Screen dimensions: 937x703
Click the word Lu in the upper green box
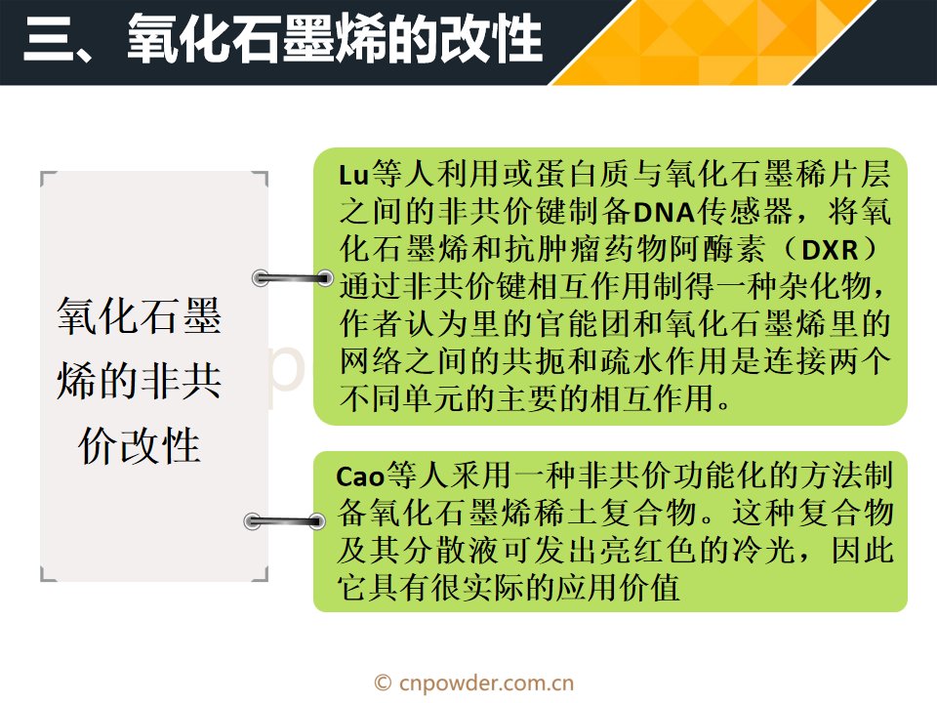pyautogui.click(x=353, y=175)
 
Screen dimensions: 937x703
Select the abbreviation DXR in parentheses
pyautogui.click(x=830, y=250)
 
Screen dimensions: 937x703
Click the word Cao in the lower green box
pyautogui.click(x=360, y=476)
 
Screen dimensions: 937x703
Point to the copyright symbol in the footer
pyautogui.click(x=383, y=682)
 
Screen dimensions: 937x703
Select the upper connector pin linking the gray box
pyautogui.click(x=292, y=278)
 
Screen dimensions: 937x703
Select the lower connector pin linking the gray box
pyautogui.click(x=284, y=521)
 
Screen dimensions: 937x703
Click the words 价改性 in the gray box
pyautogui.click(x=139, y=445)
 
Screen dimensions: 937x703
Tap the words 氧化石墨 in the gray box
pyautogui.click(x=139, y=315)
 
